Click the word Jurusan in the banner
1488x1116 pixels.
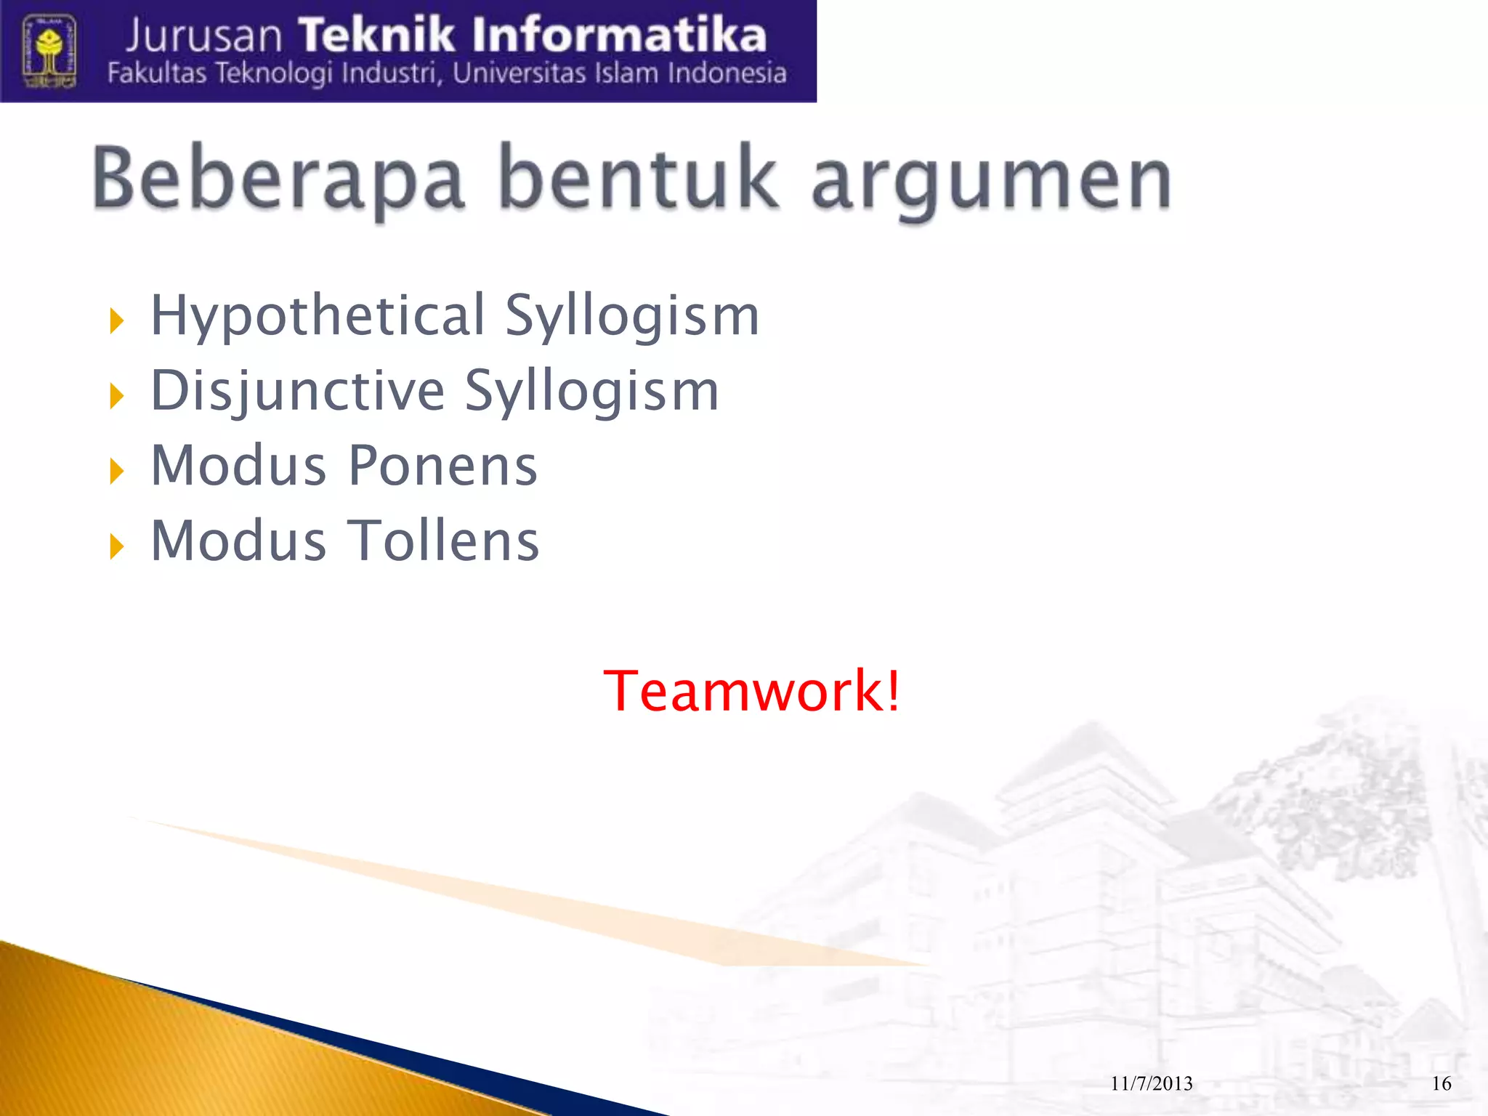pyautogui.click(x=203, y=36)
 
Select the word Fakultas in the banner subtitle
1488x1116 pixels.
pyautogui.click(x=157, y=73)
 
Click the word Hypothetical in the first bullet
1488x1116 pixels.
pyautogui.click(x=318, y=317)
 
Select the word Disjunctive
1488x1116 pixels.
pyautogui.click(x=298, y=392)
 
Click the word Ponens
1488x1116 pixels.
pyautogui.click(x=442, y=466)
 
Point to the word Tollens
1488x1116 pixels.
pyautogui.click(x=444, y=541)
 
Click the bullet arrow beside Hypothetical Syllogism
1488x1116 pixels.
pyautogui.click(x=116, y=320)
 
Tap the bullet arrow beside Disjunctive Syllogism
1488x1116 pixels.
pyautogui.click(x=116, y=396)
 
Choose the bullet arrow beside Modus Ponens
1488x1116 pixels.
pyautogui.click(x=116, y=472)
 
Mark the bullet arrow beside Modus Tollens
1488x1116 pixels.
pyautogui.click(x=116, y=546)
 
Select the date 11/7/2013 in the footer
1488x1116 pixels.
pyautogui.click(x=1152, y=1084)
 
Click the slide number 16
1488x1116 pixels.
pyautogui.click(x=1441, y=1084)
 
